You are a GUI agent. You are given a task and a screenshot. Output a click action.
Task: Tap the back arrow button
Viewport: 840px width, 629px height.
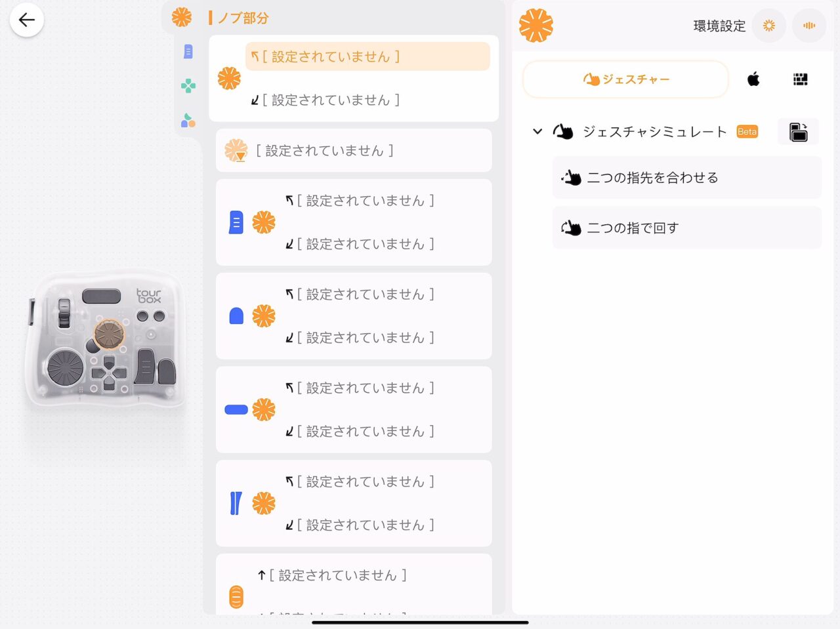click(x=26, y=20)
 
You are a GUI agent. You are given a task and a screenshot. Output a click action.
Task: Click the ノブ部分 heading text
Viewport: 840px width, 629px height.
click(x=243, y=18)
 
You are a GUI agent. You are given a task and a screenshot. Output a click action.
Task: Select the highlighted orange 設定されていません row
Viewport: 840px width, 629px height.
click(x=367, y=56)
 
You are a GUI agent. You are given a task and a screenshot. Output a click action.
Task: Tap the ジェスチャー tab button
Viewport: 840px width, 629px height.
click(x=625, y=79)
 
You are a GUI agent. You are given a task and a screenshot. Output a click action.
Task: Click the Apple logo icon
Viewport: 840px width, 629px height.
click(x=753, y=79)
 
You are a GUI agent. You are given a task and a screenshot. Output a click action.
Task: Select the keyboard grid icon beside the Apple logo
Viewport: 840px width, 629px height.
click(x=800, y=79)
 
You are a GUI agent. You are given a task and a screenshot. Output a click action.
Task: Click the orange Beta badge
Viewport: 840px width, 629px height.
click(x=747, y=132)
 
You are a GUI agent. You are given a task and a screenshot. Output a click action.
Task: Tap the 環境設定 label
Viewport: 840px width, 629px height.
click(x=719, y=26)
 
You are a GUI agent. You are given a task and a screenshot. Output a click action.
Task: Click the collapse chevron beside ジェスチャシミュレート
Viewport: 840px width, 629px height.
click(x=537, y=132)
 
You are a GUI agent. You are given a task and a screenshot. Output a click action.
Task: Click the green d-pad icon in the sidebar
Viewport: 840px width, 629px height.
click(x=188, y=86)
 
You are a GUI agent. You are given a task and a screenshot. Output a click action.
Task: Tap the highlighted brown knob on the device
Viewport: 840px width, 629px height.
click(x=109, y=335)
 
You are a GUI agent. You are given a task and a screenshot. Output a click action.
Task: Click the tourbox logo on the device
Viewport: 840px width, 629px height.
click(x=148, y=296)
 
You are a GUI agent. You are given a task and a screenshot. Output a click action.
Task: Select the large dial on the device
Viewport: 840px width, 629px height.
click(x=65, y=367)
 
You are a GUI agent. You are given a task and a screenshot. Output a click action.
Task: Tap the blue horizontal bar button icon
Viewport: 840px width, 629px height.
click(x=236, y=409)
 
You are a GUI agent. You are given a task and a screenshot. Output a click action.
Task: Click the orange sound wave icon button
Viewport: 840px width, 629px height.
click(x=809, y=26)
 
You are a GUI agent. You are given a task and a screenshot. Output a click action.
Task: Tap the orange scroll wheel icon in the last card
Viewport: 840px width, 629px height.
click(x=236, y=596)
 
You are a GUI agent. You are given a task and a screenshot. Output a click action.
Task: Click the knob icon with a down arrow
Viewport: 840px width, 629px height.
click(x=236, y=150)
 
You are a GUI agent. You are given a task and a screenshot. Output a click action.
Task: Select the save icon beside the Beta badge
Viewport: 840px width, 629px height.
click(x=798, y=132)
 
